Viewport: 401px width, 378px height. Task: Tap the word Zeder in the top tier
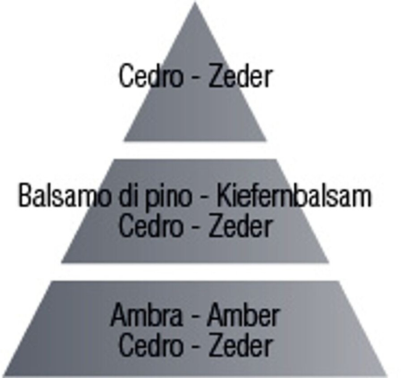(x=240, y=76)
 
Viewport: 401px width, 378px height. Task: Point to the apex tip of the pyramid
(x=195, y=4)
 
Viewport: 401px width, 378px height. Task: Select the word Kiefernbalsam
(x=293, y=196)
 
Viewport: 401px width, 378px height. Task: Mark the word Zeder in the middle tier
(x=240, y=226)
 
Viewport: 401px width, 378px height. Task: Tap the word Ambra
(x=146, y=316)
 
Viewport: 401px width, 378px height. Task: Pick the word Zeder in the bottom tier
(x=240, y=345)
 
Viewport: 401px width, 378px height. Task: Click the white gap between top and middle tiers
(x=195, y=150)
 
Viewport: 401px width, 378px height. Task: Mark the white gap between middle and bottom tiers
(x=195, y=271)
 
